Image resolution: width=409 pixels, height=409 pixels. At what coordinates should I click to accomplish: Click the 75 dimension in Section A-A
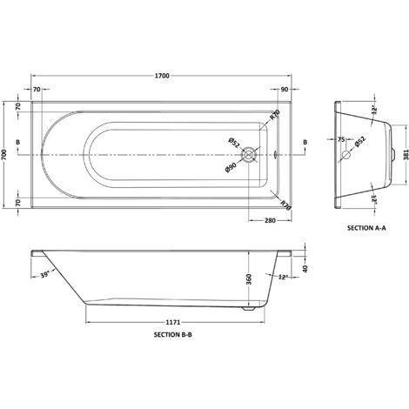click(x=341, y=140)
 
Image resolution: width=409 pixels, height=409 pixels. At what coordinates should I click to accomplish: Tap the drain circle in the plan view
click(x=251, y=155)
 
